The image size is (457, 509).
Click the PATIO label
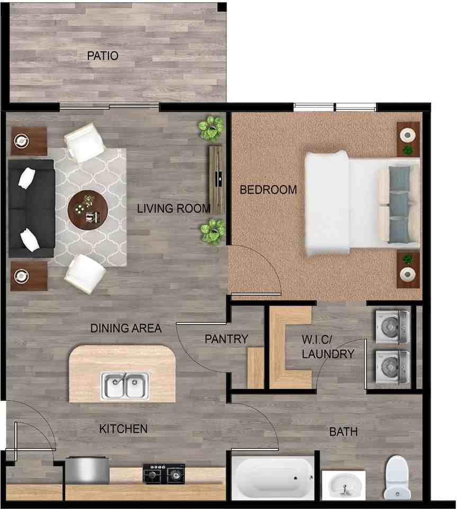[102, 56]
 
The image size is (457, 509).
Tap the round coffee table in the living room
[87, 209]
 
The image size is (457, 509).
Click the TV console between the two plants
[216, 180]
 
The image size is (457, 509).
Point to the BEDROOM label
[268, 190]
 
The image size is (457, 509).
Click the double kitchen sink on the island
[126, 385]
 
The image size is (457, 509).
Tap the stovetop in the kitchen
[164, 473]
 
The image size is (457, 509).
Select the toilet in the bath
[397, 477]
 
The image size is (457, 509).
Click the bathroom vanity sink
[343, 484]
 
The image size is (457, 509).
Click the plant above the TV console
[211, 128]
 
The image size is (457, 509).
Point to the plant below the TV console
[212, 231]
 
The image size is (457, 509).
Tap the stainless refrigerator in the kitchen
[87, 471]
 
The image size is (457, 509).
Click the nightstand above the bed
[408, 138]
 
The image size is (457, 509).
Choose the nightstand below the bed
[408, 269]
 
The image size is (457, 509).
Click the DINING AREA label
[126, 328]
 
